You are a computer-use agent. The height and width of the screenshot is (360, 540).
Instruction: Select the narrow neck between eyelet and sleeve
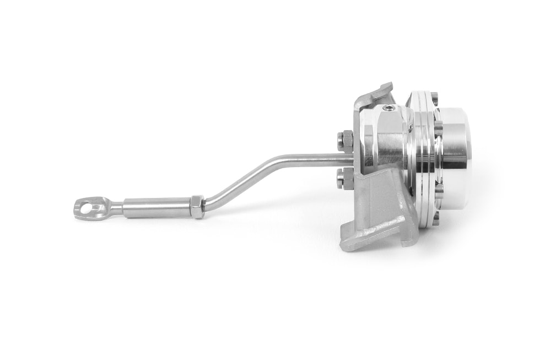[x=117, y=208]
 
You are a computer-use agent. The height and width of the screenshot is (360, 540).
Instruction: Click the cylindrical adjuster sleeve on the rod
[x=155, y=207]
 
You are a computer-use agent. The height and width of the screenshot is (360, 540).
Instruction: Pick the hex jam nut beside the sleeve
[x=197, y=206]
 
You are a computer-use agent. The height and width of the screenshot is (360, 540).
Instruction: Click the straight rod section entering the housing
[x=320, y=160]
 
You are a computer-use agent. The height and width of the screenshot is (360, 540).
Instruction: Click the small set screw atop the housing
[x=390, y=109]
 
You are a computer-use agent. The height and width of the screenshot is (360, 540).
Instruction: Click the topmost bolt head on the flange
[x=434, y=99]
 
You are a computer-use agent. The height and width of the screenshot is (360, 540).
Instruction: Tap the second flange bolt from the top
[x=438, y=128]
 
